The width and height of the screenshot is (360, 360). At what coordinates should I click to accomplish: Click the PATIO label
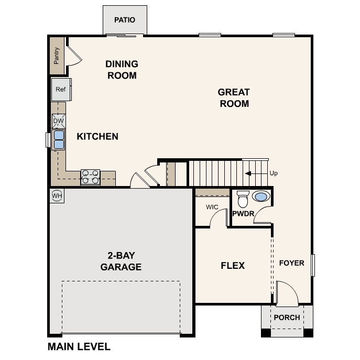(125, 20)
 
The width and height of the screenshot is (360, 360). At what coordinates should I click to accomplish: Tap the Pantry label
(57, 56)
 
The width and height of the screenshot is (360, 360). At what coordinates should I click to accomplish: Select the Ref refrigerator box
(61, 90)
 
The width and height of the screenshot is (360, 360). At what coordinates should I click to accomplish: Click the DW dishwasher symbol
(59, 122)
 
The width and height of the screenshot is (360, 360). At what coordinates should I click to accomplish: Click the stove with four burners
(90, 178)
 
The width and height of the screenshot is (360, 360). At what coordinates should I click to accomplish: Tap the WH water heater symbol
(57, 196)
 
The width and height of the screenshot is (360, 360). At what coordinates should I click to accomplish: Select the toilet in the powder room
(243, 200)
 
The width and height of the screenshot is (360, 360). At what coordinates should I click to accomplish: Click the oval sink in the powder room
(261, 197)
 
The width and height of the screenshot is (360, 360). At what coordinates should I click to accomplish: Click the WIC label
(212, 207)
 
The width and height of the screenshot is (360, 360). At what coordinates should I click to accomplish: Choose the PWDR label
(243, 214)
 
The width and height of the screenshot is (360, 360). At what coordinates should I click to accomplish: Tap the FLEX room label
(233, 266)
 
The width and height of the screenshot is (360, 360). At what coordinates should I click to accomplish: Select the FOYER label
(291, 263)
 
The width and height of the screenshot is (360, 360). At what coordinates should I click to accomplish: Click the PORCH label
(287, 318)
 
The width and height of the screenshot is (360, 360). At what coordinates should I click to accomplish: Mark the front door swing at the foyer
(286, 293)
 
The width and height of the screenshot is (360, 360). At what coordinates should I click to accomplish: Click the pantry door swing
(74, 57)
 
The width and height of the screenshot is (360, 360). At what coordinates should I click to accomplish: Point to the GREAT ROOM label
(234, 97)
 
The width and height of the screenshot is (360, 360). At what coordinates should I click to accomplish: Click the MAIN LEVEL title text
(79, 346)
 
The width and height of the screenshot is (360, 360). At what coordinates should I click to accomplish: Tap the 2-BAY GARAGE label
(121, 261)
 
